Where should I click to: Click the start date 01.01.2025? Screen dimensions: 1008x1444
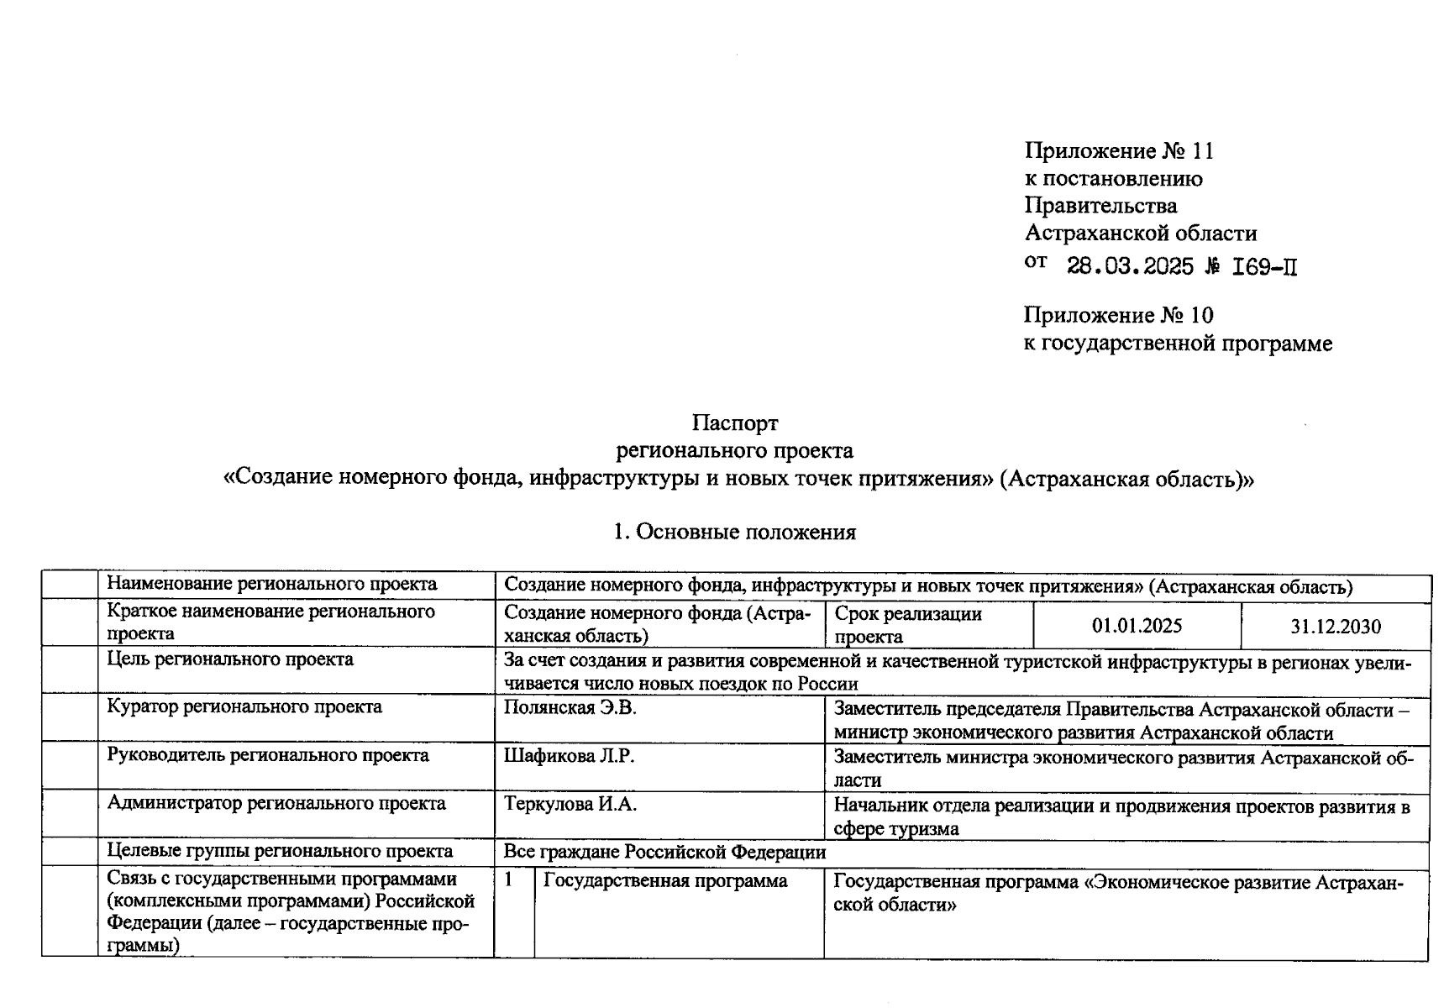tap(1137, 626)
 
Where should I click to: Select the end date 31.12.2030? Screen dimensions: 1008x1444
tap(1336, 627)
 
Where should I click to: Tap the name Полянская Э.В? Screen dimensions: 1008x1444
tap(570, 708)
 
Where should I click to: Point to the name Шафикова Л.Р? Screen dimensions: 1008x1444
tap(569, 756)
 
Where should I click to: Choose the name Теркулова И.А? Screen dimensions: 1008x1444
tap(570, 804)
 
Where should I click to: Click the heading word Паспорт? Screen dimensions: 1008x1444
tap(735, 423)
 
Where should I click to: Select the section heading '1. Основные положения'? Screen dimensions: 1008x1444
tap(734, 532)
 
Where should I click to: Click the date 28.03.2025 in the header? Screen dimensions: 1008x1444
tap(1130, 267)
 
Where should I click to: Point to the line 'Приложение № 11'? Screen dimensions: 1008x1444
tap(1119, 151)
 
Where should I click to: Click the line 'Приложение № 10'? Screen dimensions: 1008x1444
tap(1118, 316)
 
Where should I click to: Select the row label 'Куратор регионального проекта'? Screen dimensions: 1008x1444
tap(244, 707)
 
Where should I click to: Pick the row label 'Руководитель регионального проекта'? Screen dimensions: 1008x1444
tap(268, 755)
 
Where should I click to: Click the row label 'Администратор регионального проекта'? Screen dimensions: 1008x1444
tap(276, 804)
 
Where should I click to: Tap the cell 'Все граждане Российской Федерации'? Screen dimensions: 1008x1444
tap(664, 852)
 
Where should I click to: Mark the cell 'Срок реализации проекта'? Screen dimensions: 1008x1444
tap(908, 625)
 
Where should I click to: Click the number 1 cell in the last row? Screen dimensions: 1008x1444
tap(508, 880)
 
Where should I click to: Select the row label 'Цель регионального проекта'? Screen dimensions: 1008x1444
tap(230, 659)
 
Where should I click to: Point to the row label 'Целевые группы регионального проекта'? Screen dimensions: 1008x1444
tap(280, 852)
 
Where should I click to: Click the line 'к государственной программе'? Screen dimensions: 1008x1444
tap(1178, 344)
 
